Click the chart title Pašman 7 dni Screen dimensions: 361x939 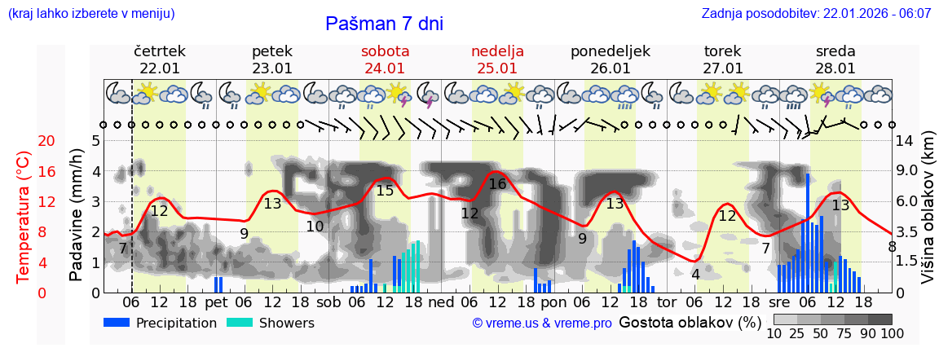coord(384,24)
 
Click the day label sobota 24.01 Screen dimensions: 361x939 coord(385,59)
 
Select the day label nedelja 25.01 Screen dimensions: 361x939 coord(497,59)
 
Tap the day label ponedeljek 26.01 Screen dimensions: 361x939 coord(611,59)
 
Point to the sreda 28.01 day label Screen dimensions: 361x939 coord(835,59)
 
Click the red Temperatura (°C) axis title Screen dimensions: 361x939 coord(24,217)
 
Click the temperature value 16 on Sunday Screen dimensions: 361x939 coord(497,184)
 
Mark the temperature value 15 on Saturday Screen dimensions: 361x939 coord(385,191)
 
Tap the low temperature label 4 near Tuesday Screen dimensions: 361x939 coord(695,275)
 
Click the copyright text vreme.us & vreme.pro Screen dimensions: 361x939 coord(542,323)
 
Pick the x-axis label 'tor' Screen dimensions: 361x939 coord(667,303)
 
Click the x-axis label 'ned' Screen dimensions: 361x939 coord(441,303)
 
